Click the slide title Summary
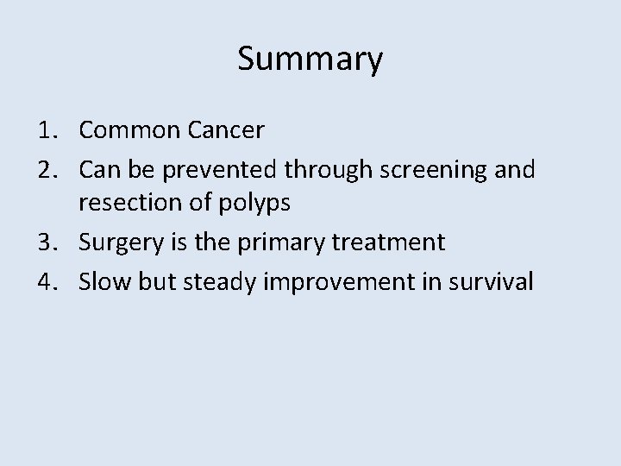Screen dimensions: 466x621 coord(310,60)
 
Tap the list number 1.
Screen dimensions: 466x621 coord(44,131)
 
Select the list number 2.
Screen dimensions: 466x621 coord(44,168)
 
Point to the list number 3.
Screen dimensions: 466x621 coord(44,242)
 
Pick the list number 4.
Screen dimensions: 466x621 coord(44,280)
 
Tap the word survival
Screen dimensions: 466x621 coord(498,280)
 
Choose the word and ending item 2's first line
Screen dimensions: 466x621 coord(516,169)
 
